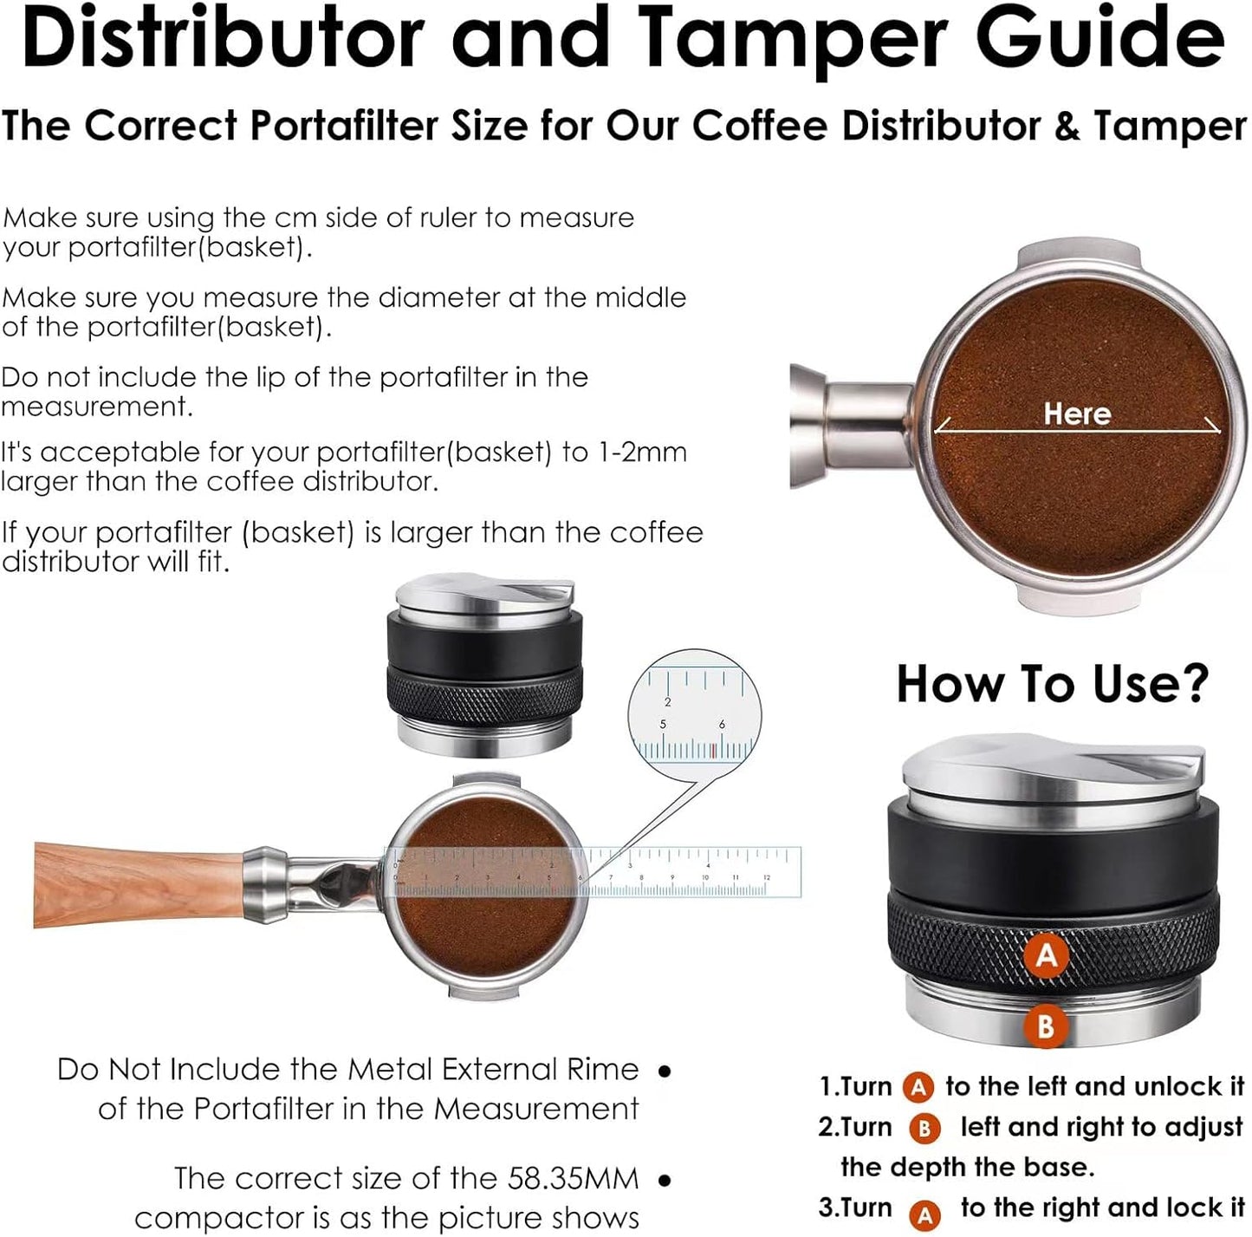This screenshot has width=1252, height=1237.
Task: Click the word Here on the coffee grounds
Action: click(x=1077, y=413)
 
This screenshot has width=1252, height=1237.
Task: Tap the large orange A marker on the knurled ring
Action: click(x=1047, y=954)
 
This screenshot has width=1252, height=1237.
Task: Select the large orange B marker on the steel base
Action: click(x=1046, y=1026)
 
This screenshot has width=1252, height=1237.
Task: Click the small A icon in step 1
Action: click(x=918, y=1087)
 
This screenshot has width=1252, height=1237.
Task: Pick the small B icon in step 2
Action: click(x=924, y=1128)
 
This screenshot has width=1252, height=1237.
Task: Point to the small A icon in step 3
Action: click(x=924, y=1214)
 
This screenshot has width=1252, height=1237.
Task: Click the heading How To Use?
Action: click(x=1052, y=684)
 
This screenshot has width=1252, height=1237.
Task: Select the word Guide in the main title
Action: click(x=1100, y=39)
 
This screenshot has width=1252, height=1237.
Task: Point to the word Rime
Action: click(x=602, y=1069)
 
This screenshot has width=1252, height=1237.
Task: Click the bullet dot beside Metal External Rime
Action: click(x=665, y=1071)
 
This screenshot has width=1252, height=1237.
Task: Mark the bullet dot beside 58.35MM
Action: click(x=665, y=1180)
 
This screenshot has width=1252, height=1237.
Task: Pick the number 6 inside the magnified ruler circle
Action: click(x=722, y=725)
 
